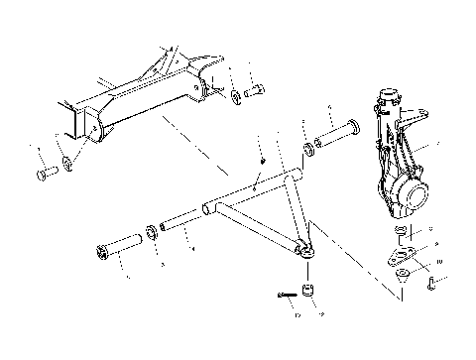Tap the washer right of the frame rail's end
coord(237,97)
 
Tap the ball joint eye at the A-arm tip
coord(307,251)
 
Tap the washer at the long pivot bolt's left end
coord(310,150)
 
